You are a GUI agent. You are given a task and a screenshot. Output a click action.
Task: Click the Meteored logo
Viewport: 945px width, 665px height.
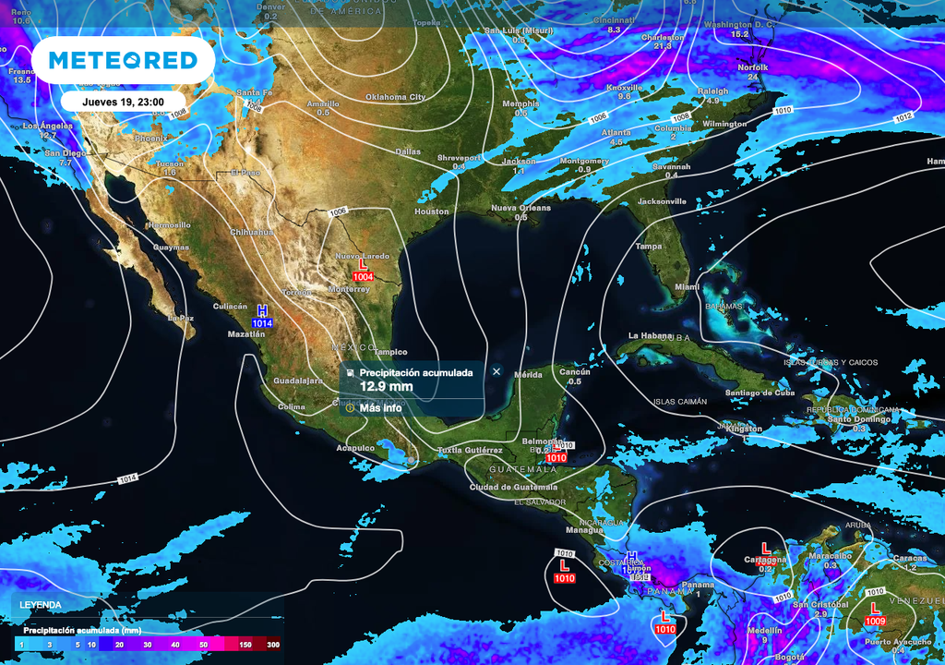(123, 60)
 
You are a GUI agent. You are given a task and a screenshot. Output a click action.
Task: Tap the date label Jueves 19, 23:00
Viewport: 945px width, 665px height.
(124, 102)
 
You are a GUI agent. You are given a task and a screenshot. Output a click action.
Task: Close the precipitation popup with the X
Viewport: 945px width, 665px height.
(496, 371)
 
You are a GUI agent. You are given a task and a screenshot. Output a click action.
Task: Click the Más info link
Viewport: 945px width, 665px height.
(380, 407)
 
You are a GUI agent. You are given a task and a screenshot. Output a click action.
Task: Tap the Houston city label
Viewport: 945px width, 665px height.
(432, 212)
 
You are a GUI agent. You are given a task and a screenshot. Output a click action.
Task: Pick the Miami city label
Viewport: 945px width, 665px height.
(687, 287)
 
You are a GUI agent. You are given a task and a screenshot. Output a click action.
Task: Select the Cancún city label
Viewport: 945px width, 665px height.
(575, 371)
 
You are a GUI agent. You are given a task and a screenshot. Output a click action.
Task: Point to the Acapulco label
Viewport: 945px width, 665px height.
(356, 448)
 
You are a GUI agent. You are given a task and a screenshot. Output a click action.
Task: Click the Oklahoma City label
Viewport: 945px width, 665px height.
(396, 97)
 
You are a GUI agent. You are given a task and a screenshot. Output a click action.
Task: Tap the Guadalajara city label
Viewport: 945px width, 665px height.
(298, 381)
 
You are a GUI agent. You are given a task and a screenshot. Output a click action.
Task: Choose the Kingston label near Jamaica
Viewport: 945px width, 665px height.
(744, 429)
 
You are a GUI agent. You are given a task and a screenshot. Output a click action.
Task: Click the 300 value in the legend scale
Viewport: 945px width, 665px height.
(273, 646)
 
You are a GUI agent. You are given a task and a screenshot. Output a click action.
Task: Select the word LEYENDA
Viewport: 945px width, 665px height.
(42, 605)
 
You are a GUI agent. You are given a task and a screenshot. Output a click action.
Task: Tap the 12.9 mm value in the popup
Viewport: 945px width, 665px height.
(386, 386)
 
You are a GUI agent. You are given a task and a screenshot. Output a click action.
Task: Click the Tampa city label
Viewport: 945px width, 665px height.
(649, 247)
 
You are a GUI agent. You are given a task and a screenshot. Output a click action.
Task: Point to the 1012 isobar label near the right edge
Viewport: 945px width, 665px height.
(903, 117)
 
